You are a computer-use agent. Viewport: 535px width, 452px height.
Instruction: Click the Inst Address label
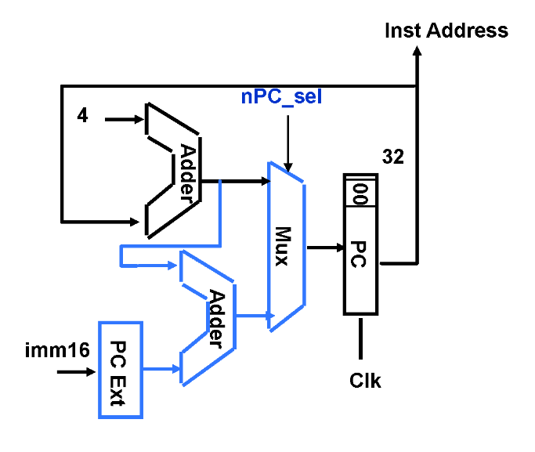446,31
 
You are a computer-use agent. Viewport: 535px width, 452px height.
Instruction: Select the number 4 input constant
82,116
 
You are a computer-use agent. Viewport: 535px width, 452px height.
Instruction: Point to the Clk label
364,381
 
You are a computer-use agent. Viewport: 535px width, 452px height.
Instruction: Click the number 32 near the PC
392,157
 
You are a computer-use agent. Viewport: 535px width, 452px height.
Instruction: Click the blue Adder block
210,318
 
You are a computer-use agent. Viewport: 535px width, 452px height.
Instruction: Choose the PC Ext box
121,368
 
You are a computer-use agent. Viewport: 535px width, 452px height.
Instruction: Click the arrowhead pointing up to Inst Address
417,52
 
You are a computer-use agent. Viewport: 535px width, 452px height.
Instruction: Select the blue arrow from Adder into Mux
252,316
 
